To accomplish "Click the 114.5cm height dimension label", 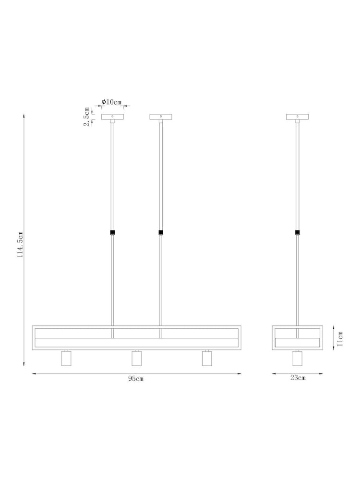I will coord(21,245).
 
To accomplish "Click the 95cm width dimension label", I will coord(136,379).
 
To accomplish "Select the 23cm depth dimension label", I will coord(298,378).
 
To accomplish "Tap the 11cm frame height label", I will coord(340,338).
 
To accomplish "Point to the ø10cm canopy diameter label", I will coord(111,102).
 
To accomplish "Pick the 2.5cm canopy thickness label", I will coord(86,117).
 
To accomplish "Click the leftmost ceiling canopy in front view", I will coord(112,117).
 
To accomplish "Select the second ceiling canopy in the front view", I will coord(161,117).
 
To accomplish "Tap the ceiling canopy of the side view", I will coord(298,117).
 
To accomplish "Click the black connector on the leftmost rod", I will coord(112,233).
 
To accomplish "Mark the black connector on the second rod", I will coord(161,233).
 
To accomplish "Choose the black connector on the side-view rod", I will coord(298,233).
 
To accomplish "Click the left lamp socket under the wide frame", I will coord(67,359).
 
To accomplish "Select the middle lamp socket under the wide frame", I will coord(137,359).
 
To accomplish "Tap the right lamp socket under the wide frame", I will coord(207,359).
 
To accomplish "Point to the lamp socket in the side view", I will coord(298,359).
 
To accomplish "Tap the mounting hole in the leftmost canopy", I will coord(112,116).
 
